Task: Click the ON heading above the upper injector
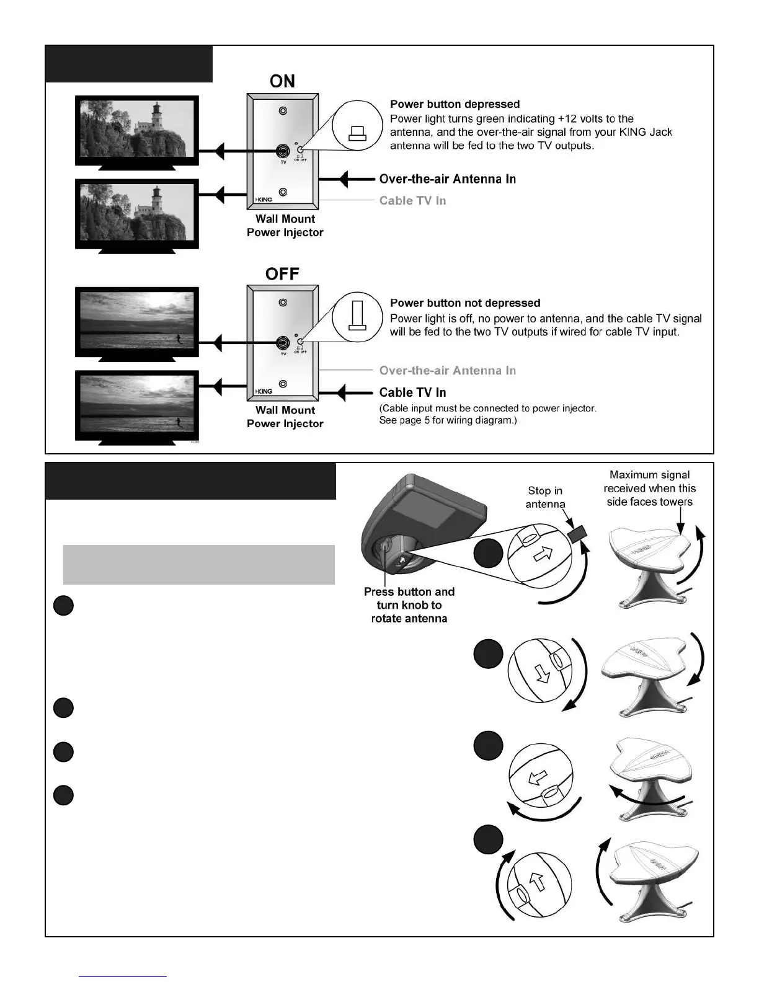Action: coord(282,81)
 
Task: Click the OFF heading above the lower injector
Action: coord(282,273)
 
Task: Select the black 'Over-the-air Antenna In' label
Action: coord(447,179)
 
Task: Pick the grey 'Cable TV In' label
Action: coord(412,200)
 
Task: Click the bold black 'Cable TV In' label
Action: coord(412,392)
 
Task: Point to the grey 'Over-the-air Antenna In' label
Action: coord(447,371)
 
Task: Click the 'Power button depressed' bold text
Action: coord(455,104)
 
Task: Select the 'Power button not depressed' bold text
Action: coord(465,303)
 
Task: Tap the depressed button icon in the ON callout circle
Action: coord(358,133)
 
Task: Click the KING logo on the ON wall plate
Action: coord(264,200)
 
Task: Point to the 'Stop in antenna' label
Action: coord(545,497)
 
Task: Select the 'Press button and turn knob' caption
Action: coord(409,605)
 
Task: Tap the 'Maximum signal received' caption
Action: coord(649,489)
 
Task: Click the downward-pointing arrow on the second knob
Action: coord(544,674)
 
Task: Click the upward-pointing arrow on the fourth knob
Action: coord(538,881)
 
